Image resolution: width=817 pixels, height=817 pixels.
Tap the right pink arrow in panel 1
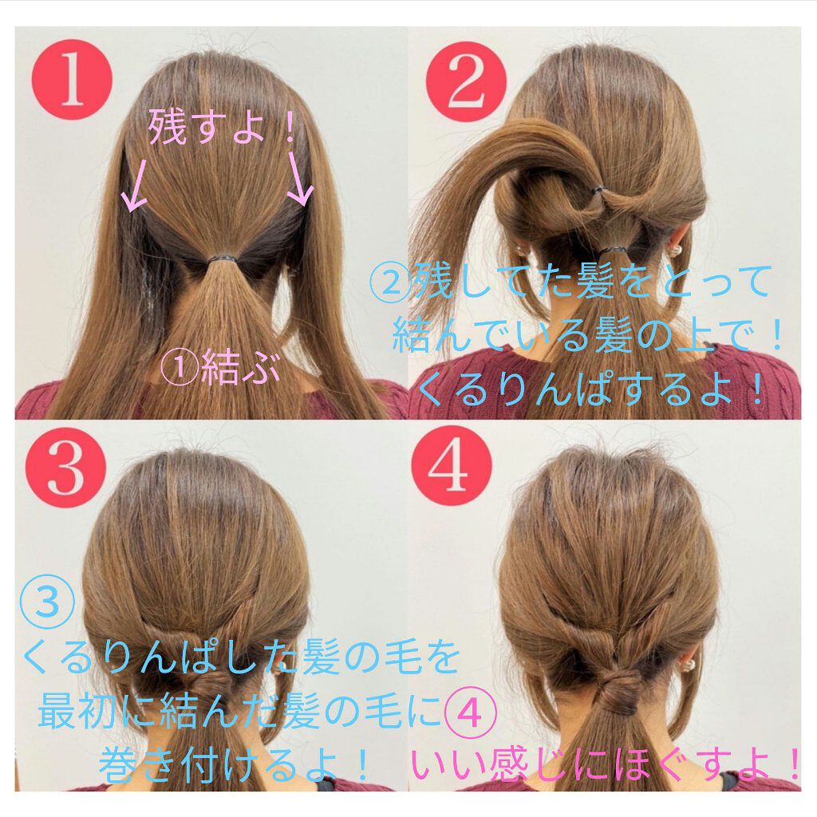[x=299, y=180]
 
